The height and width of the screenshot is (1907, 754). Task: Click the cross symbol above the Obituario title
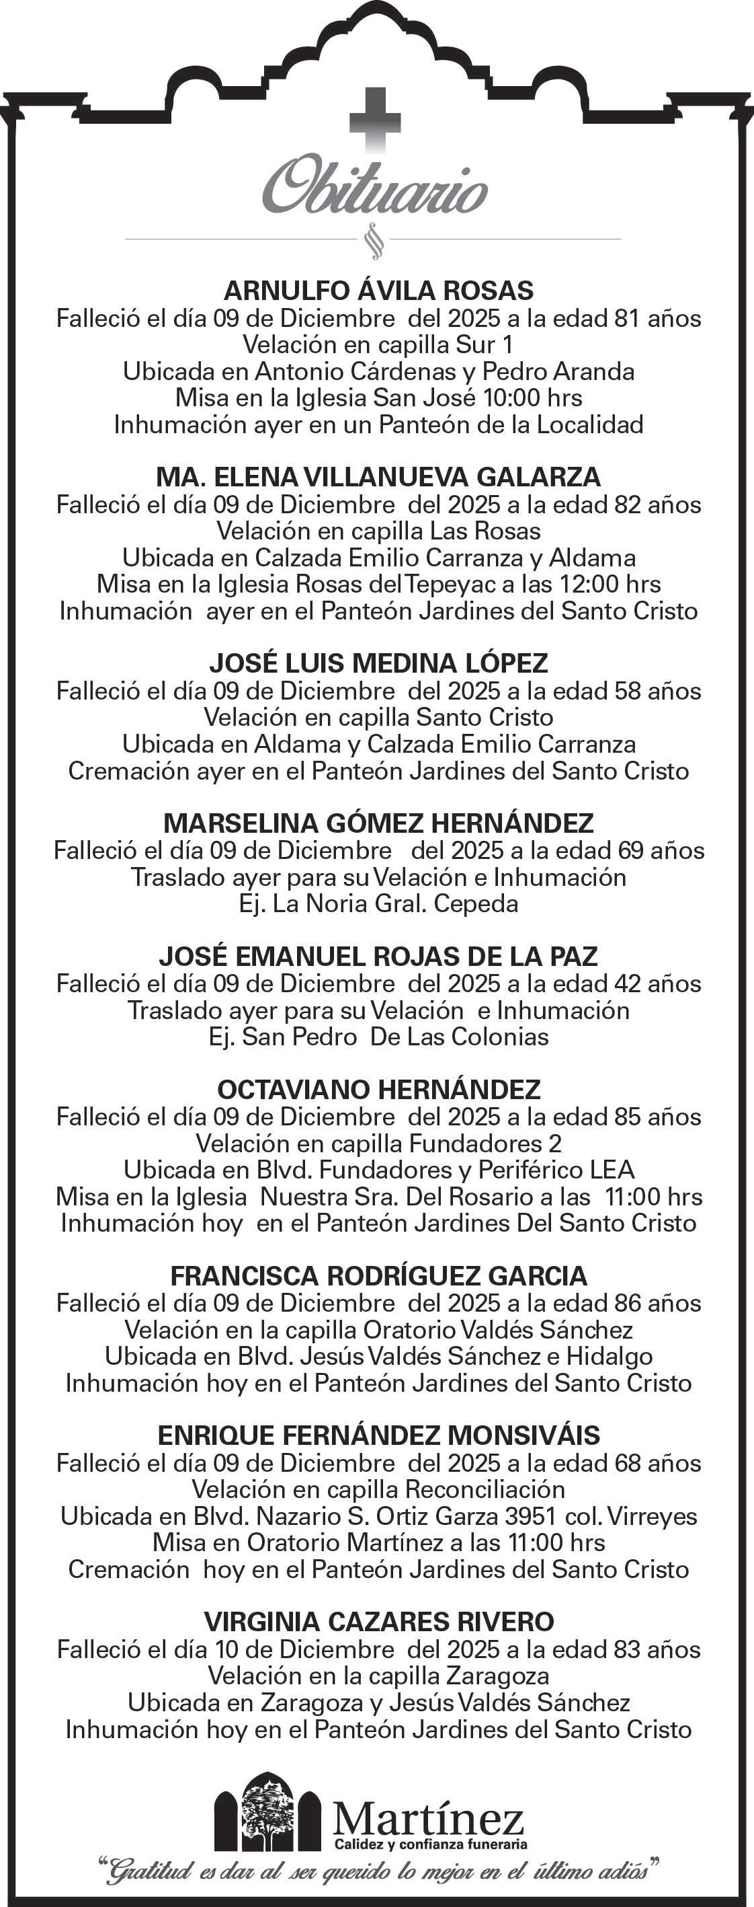[376, 118]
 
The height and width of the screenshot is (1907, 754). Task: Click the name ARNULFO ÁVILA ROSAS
[378, 290]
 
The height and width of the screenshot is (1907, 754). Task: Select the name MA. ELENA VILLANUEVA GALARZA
[378, 477]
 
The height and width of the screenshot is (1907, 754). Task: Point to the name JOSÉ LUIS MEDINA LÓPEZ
[378, 663]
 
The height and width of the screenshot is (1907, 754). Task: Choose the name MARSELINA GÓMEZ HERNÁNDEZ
[378, 823]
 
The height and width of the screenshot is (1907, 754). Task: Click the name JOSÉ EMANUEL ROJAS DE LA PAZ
[378, 956]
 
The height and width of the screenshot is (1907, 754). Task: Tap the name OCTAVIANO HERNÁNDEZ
[378, 1089]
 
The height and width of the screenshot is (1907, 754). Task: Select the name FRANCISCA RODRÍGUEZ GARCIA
[378, 1275]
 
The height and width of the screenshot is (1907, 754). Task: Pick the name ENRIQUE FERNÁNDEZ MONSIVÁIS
[378, 1435]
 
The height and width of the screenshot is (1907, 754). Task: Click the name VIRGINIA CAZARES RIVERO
[378, 1622]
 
